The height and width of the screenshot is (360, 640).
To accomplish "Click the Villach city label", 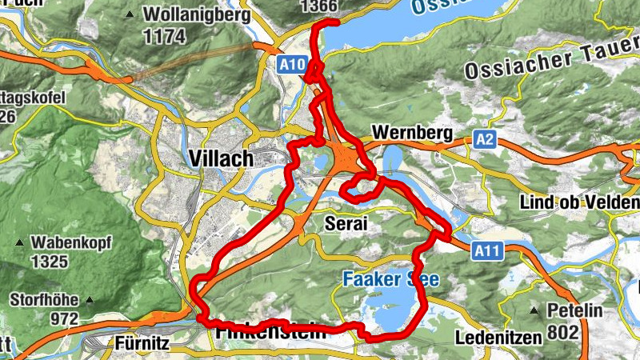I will coord(222,158).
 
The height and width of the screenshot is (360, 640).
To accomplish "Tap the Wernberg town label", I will coord(412,132).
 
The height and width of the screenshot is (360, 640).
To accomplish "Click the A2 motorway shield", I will coord(485,140).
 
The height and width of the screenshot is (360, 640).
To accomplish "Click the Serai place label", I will coord(346,224).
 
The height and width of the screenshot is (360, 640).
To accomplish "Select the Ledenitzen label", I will coord(498,337).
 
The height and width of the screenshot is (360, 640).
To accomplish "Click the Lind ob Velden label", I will coord(579,202).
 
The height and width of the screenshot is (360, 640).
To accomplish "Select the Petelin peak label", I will coord(574,310).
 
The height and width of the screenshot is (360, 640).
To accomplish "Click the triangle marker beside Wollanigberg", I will coord(130,14).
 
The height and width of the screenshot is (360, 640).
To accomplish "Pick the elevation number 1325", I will coord(50,261).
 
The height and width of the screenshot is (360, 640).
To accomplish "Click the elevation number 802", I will coord(562,331).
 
